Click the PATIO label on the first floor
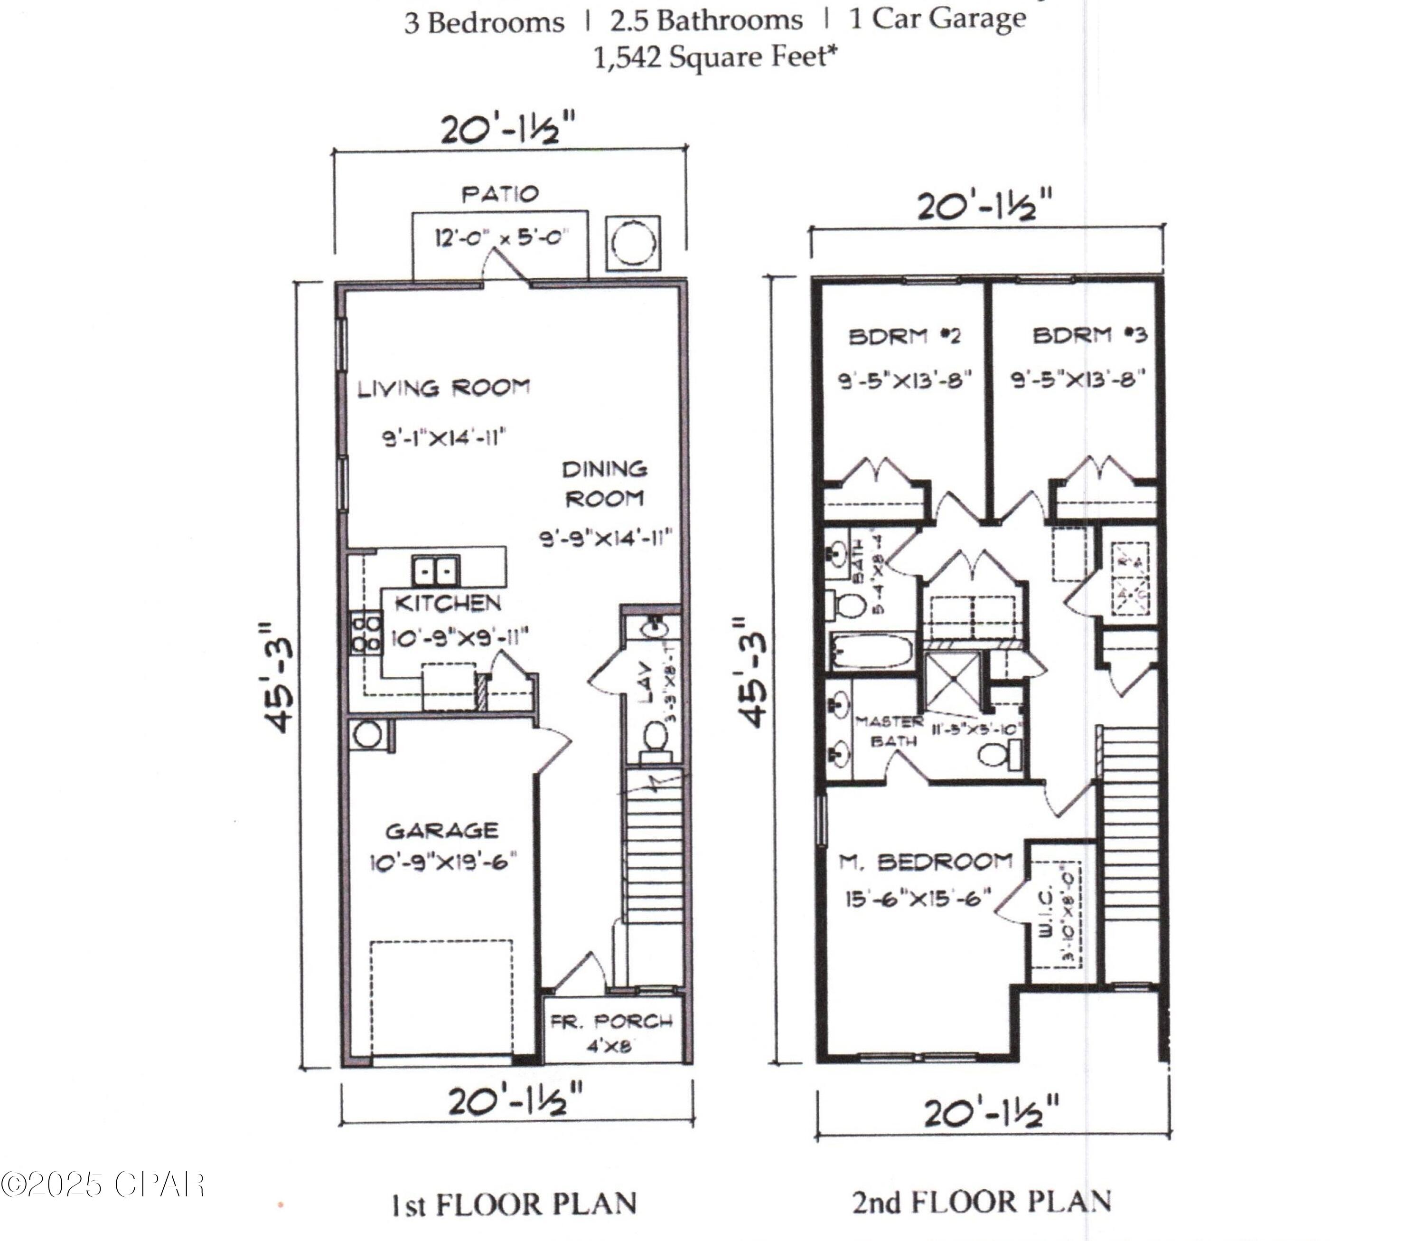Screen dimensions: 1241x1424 [500, 194]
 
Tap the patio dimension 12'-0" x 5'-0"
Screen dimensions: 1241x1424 [501, 238]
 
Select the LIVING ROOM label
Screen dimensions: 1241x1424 [444, 388]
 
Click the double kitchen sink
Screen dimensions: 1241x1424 [435, 571]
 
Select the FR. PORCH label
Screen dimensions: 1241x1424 [612, 1022]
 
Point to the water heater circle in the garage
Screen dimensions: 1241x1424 [367, 734]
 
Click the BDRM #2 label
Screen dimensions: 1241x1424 [905, 337]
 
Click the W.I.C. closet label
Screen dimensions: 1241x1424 [1046, 913]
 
